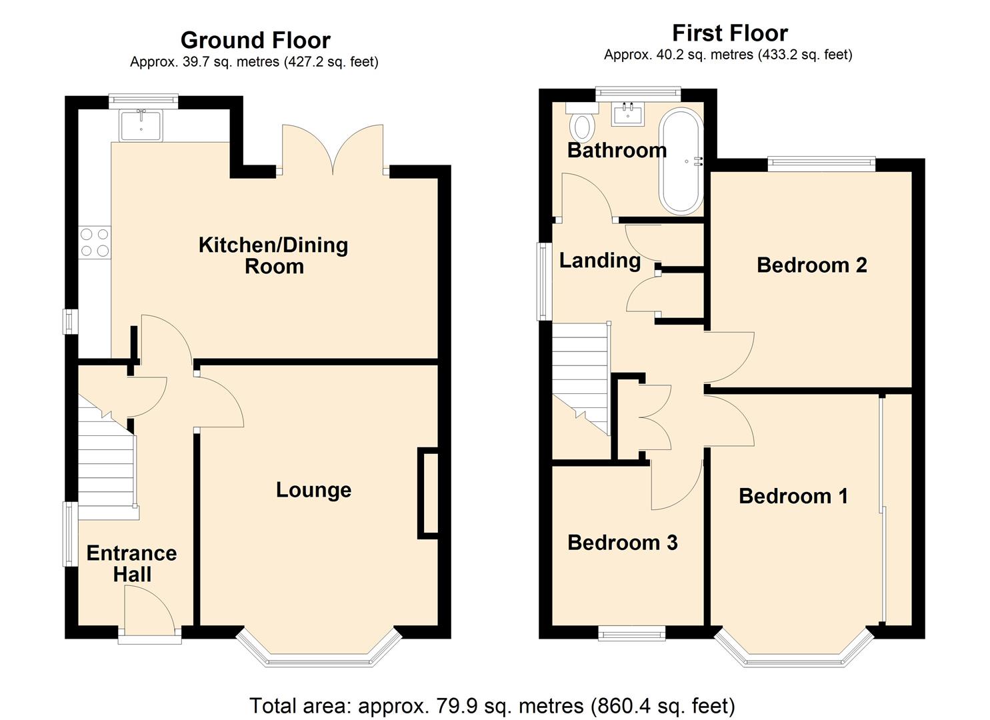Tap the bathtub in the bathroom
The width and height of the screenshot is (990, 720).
point(681,161)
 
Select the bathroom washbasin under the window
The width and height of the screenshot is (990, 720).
point(628,113)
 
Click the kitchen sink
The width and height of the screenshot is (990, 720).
point(141,125)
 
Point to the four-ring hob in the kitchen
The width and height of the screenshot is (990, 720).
point(95,242)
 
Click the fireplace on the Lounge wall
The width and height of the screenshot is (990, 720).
point(428,494)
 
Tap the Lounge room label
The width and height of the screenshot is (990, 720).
point(314,490)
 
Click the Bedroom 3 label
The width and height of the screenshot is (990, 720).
point(622,542)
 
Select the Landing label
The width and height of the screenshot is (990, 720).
point(600,260)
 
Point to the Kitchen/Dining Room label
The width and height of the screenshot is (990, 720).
point(273,255)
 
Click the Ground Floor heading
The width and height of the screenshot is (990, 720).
point(255,40)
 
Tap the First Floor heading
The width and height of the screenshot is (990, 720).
point(730,33)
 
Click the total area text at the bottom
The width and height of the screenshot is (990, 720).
point(493,705)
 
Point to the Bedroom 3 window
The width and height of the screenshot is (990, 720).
point(632,633)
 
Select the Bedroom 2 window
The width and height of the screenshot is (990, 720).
point(821,164)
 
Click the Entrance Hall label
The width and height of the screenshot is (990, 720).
point(132,563)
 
